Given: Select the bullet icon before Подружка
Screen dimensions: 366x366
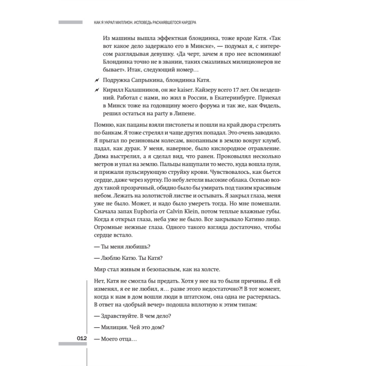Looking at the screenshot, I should click(97, 80).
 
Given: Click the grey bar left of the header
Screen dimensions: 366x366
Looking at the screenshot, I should click(70, 22).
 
